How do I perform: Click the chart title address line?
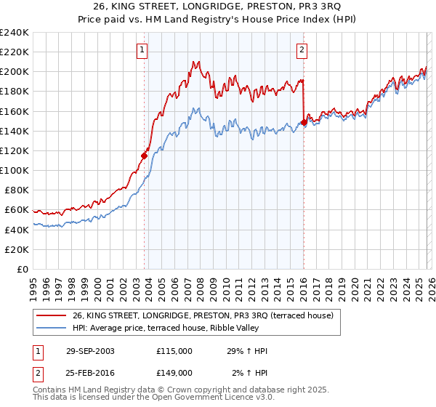pyautogui.click(x=218, y=7)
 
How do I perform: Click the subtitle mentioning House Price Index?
pyautogui.click(x=218, y=19)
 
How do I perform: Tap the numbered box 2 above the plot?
pyautogui.click(x=301, y=50)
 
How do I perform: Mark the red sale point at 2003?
pyautogui.click(x=145, y=155)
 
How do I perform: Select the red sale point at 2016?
pyautogui.click(x=303, y=122)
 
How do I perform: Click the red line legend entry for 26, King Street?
pyautogui.click(x=202, y=315)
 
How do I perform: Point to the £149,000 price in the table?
pyautogui.click(x=174, y=372)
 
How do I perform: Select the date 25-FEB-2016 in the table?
pyautogui.click(x=89, y=372)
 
